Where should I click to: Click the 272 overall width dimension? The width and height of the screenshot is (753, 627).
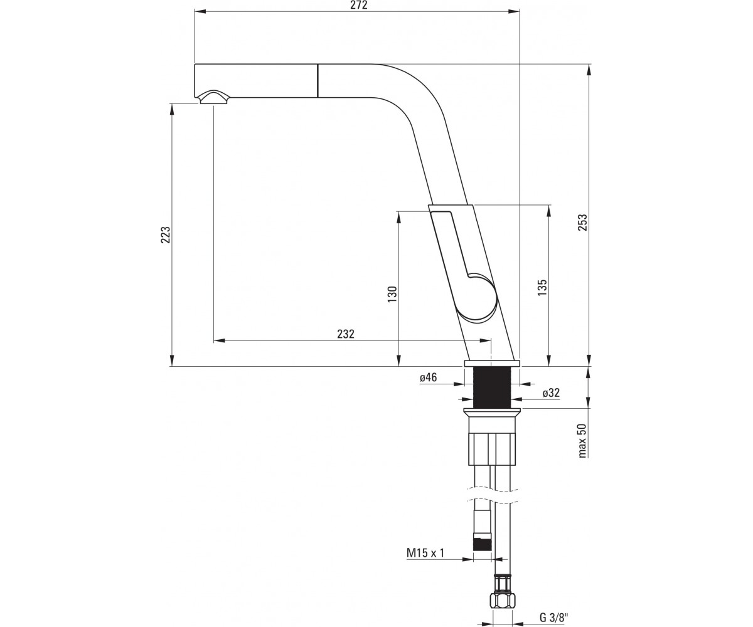click(358, 5)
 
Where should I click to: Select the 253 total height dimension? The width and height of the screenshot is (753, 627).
click(583, 223)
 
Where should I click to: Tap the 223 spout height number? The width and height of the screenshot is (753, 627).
click(166, 234)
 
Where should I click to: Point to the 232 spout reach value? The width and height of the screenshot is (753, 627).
click(346, 334)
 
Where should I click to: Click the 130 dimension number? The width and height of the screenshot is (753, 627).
click(392, 295)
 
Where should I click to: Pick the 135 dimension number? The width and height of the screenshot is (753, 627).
click(542, 288)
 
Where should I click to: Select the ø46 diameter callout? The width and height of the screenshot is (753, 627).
click(429, 377)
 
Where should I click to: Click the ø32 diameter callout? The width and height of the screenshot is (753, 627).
click(552, 393)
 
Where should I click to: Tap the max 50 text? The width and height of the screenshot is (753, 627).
click(582, 441)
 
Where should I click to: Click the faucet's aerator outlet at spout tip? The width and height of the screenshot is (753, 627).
click(213, 97)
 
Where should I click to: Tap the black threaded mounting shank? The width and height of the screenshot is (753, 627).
click(492, 387)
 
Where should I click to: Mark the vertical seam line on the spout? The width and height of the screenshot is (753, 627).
click(318, 80)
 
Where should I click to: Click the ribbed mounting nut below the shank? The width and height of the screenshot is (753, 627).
click(492, 449)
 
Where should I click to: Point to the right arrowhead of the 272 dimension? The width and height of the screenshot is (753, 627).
click(514, 11)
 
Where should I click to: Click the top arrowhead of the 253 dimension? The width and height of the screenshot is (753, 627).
click(589, 70)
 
